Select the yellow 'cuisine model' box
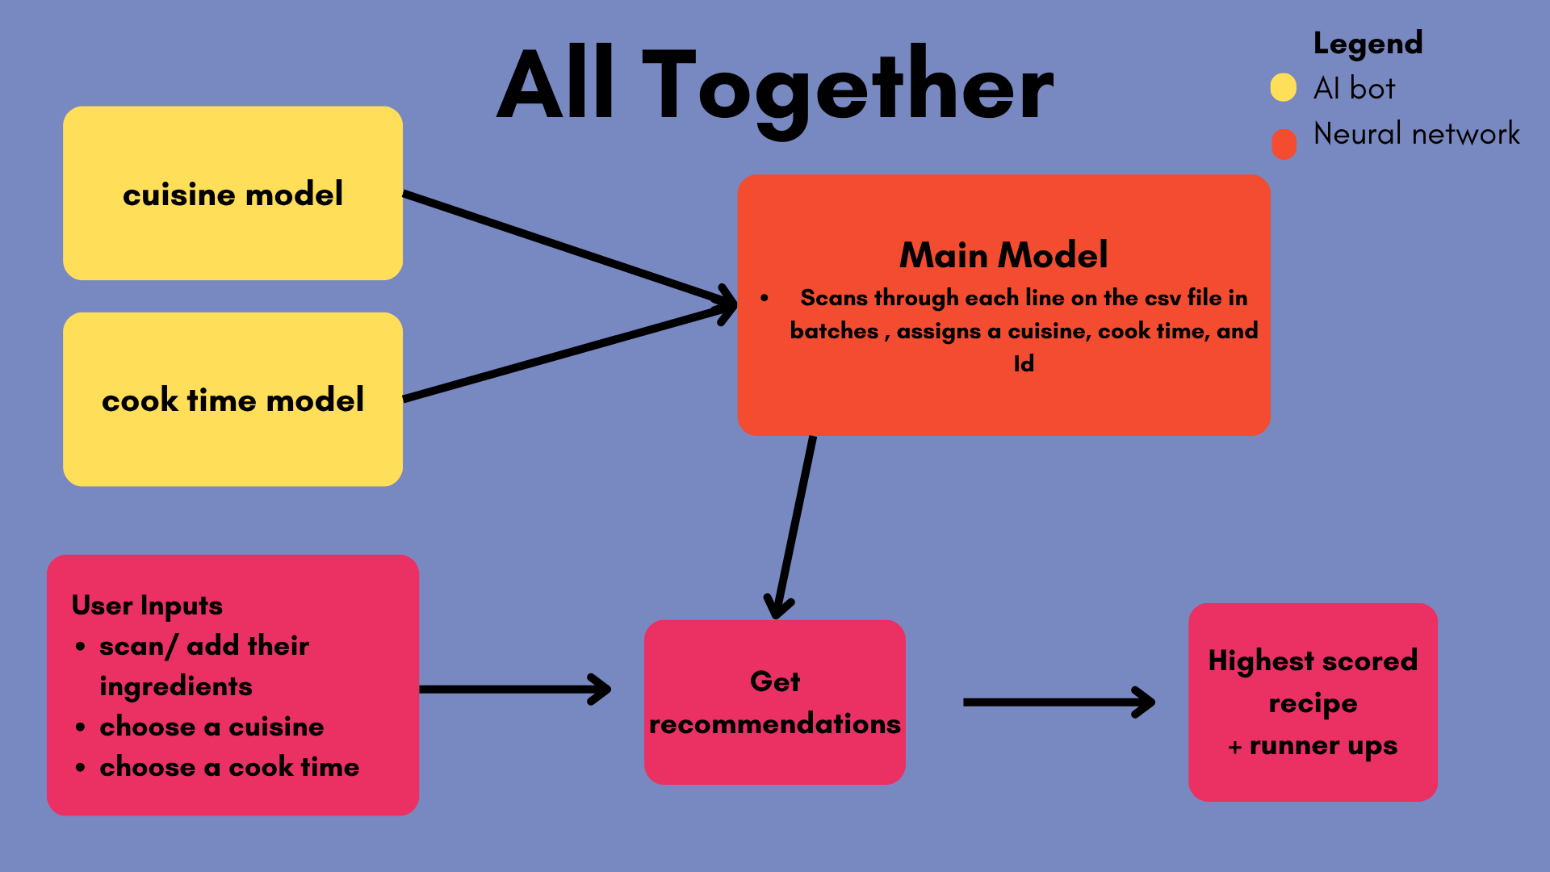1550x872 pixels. [232, 194]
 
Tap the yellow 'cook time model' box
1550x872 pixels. [232, 400]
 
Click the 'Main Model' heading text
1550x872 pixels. [1003, 255]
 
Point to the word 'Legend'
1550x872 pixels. [1368, 44]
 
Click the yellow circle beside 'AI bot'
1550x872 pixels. [1283, 87]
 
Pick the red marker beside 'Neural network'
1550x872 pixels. [1284, 144]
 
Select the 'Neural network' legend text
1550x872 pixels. [1416, 134]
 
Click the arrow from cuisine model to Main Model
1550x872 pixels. [565, 247]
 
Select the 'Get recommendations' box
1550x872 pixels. [774, 702]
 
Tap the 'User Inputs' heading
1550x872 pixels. [147, 606]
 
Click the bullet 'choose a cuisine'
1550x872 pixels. [212, 727]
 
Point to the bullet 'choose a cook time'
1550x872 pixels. [229, 767]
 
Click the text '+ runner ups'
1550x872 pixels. [1313, 746]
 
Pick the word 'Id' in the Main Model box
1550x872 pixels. [1024, 364]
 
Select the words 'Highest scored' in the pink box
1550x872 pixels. [1313, 660]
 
